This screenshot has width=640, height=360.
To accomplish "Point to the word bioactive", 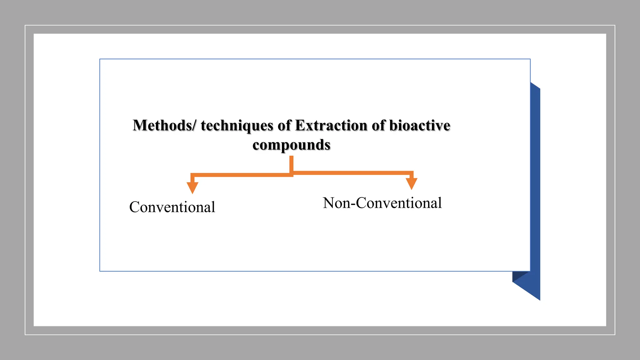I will pyautogui.click(x=420, y=126).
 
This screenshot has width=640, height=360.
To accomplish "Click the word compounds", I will pyautogui.click(x=291, y=145).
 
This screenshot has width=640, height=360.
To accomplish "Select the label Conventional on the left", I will pyautogui.click(x=172, y=207).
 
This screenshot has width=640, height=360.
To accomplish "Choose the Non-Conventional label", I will pyautogui.click(x=382, y=203).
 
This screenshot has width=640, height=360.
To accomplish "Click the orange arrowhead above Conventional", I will pyautogui.click(x=192, y=187).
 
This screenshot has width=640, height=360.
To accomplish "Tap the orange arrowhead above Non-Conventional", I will pyautogui.click(x=412, y=183).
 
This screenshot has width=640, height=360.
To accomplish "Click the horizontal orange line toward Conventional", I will pyautogui.click(x=242, y=175).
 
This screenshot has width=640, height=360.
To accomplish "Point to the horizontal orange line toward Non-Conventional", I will pyautogui.click(x=352, y=173).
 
